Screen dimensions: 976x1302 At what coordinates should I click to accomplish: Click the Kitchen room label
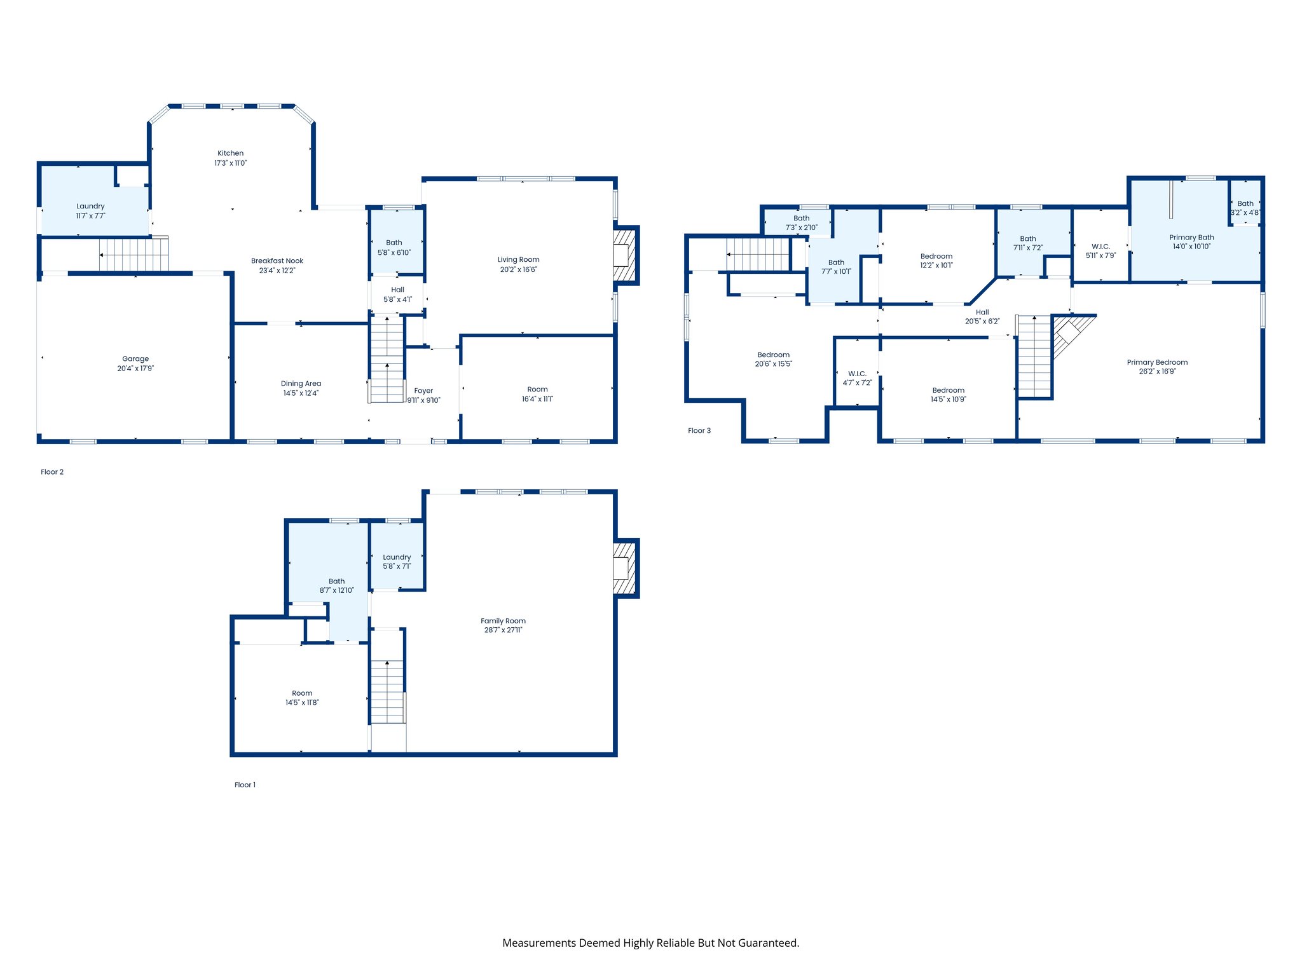[x=230, y=153]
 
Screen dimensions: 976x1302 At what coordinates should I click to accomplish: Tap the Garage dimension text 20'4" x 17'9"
[x=135, y=369]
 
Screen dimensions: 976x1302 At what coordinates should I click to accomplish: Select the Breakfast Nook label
[x=277, y=261]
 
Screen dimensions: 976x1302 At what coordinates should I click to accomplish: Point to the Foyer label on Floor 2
[x=423, y=391]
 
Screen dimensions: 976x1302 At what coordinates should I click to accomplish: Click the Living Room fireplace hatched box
[x=624, y=255]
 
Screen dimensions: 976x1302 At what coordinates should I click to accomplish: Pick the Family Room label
[x=503, y=621]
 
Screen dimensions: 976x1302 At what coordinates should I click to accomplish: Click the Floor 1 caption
[x=245, y=785]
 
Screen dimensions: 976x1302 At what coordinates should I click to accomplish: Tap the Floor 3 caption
[x=699, y=431]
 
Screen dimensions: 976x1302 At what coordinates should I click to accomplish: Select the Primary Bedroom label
[x=1157, y=362]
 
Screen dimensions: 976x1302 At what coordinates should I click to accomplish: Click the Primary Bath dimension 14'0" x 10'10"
[x=1191, y=247]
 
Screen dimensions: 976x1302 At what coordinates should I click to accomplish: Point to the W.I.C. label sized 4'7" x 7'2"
[x=857, y=374]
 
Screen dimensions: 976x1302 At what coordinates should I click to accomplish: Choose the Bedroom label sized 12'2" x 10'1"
[x=936, y=256]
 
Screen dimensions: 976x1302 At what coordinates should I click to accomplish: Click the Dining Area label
[x=301, y=383]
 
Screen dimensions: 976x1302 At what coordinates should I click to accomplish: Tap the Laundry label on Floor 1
[x=397, y=557]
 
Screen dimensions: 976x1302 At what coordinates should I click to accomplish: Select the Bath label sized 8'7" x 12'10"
[x=336, y=581]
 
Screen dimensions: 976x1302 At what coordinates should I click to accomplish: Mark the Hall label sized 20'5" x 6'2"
[x=982, y=312]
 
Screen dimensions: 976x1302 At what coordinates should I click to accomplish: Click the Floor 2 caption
[x=52, y=472]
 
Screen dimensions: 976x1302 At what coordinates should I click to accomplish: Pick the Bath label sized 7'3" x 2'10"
[x=801, y=218]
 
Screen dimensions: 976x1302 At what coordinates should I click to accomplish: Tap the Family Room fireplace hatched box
[x=624, y=568]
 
